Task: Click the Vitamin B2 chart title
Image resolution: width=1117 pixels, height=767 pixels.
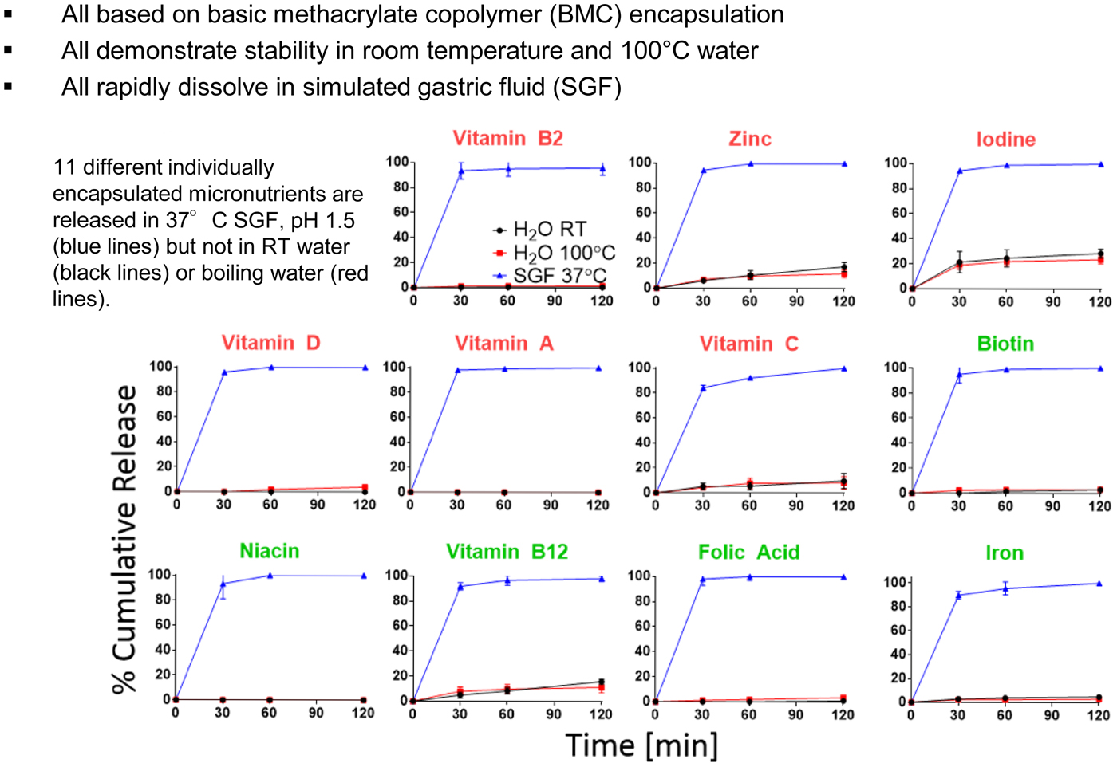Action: (x=507, y=139)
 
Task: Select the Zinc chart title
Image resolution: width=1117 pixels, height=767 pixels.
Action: (x=749, y=139)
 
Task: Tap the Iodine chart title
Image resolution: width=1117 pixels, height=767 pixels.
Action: (x=1005, y=140)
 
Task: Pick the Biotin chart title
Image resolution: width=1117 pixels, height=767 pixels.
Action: (x=1005, y=344)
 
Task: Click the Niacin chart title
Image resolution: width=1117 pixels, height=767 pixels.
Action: (x=270, y=551)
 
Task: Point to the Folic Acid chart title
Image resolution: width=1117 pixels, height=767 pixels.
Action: (x=748, y=553)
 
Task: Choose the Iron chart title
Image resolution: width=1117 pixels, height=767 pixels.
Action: (x=1005, y=553)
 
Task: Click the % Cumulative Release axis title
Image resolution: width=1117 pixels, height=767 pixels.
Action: (x=125, y=538)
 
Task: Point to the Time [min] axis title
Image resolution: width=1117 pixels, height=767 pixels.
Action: (x=641, y=745)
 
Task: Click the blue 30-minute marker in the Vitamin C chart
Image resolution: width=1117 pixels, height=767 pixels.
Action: (x=703, y=388)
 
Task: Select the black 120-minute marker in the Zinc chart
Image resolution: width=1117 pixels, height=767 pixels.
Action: (x=843, y=267)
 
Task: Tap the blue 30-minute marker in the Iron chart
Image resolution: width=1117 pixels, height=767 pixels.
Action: (x=958, y=595)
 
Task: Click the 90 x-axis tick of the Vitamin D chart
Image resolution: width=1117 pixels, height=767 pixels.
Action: (x=318, y=505)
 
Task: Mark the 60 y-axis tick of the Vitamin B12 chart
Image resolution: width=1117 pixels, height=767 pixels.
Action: (x=400, y=626)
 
